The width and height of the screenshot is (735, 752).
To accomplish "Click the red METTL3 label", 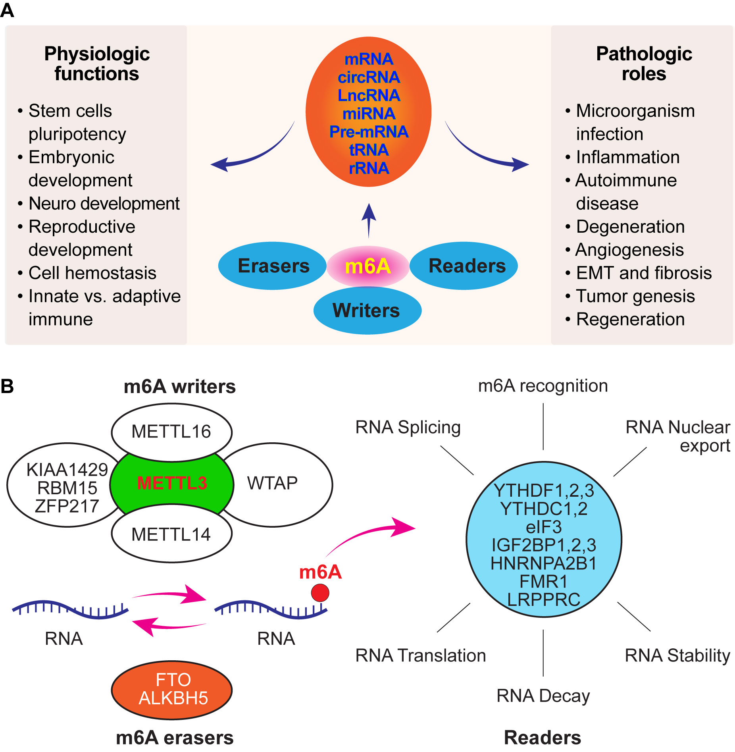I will pyautogui.click(x=172, y=483).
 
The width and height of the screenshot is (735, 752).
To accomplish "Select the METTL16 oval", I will pyautogui.click(x=171, y=432).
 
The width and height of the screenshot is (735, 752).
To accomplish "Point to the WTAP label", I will pyautogui.click(x=272, y=483).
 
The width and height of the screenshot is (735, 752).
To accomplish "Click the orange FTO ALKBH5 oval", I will pyautogui.click(x=172, y=690).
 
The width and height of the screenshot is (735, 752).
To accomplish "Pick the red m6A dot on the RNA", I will pyautogui.click(x=320, y=593).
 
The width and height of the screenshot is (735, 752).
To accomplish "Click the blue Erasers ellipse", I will pyautogui.click(x=273, y=266).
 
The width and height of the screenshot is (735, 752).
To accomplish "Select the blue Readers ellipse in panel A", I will pyautogui.click(x=467, y=266).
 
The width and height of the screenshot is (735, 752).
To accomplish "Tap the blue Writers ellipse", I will pyautogui.click(x=367, y=310).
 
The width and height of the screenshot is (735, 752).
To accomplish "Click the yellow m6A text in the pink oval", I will pyautogui.click(x=368, y=266).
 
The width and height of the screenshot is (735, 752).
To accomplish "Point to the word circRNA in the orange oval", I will pyautogui.click(x=369, y=77).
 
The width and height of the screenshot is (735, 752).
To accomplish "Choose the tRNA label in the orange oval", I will pyautogui.click(x=369, y=150).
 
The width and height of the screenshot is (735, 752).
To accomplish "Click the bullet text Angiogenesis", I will pyautogui.click(x=629, y=250).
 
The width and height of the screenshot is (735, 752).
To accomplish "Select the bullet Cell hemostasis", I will pyautogui.click(x=92, y=273).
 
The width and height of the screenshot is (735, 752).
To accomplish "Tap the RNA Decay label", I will pyautogui.click(x=543, y=696).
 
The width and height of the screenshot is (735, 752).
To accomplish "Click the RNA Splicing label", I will pyautogui.click(x=408, y=427).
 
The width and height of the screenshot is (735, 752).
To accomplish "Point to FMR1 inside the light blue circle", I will pyautogui.click(x=544, y=582).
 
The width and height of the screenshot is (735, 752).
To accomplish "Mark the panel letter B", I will pyautogui.click(x=7, y=386).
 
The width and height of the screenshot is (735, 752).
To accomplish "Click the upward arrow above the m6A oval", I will pyautogui.click(x=369, y=220).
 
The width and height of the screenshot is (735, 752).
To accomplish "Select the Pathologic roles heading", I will pyautogui.click(x=644, y=64).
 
